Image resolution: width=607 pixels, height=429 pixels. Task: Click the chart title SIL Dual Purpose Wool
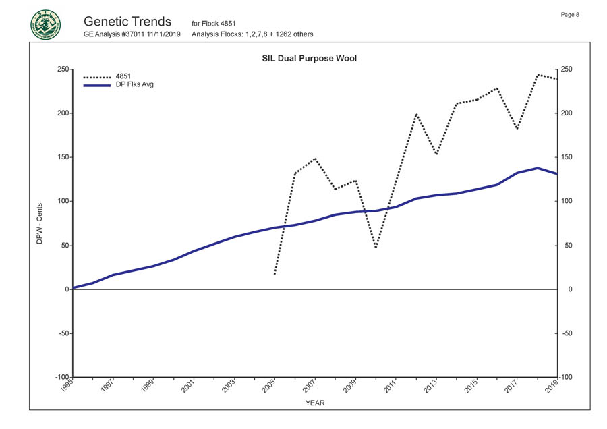309,59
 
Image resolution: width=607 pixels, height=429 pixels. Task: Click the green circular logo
45,25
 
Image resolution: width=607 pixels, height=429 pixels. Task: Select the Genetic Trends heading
128,22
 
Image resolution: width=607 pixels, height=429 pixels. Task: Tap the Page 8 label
570,15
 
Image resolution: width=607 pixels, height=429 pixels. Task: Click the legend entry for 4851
123,76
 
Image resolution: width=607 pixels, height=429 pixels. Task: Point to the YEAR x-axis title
315,403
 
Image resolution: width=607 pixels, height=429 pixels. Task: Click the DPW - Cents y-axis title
40,223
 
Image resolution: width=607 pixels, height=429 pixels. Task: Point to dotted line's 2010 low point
376,248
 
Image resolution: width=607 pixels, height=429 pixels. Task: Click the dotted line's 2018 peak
538,74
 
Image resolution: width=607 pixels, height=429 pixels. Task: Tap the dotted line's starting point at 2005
274,274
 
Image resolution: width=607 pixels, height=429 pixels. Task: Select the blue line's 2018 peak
538,168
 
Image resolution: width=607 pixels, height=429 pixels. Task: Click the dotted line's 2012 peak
416,114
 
